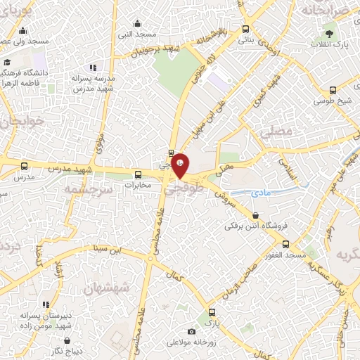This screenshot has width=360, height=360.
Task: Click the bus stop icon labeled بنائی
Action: pyautogui.click(x=245, y=29)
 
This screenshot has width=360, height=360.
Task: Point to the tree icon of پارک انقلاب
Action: pyautogui.click(x=328, y=33)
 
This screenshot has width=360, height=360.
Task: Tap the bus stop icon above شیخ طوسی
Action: pyautogui.click(x=333, y=89)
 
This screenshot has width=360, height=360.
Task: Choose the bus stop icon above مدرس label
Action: pyautogui.click(x=25, y=167)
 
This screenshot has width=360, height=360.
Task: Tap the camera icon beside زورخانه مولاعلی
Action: pyautogui.click(x=191, y=331)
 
